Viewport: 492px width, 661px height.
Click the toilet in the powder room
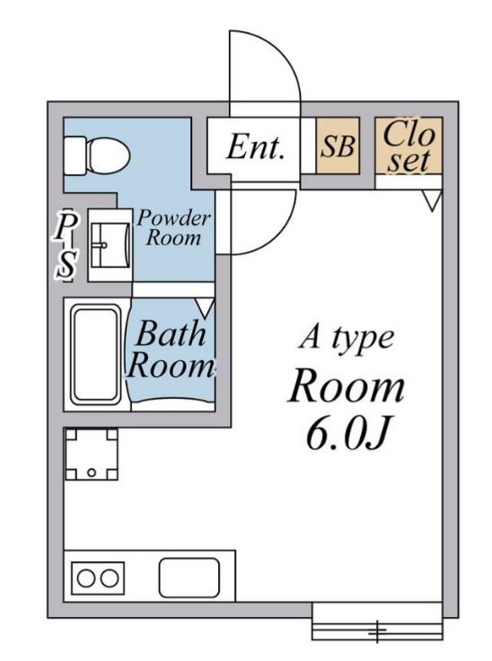pyautogui.click(x=97, y=155)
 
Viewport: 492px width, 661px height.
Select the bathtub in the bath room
pyautogui.click(x=96, y=355)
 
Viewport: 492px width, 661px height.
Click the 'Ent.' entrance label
pyautogui.click(x=255, y=146)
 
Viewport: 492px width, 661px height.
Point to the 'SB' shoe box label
pyautogui.click(x=338, y=145)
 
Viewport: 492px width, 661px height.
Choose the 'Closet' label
pyautogui.click(x=409, y=145)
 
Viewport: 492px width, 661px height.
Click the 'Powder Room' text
pyautogui.click(x=173, y=227)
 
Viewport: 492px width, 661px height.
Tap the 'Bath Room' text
pyautogui.click(x=171, y=349)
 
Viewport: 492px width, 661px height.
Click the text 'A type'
pyautogui.click(x=347, y=338)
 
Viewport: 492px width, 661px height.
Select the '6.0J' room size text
pyautogui.click(x=347, y=434)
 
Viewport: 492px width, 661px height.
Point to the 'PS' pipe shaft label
pyautogui.click(x=66, y=245)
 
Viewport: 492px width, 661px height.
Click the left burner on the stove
pyautogui.click(x=86, y=578)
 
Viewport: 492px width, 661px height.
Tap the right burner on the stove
pyautogui.click(x=110, y=578)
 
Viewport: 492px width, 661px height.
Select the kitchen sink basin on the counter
pyautogui.click(x=189, y=577)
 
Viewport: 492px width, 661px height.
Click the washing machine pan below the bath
pyautogui.click(x=92, y=454)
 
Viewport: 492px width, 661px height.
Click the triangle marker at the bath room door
pyautogui.click(x=206, y=308)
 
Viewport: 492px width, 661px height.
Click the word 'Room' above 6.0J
pyautogui.click(x=347, y=385)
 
